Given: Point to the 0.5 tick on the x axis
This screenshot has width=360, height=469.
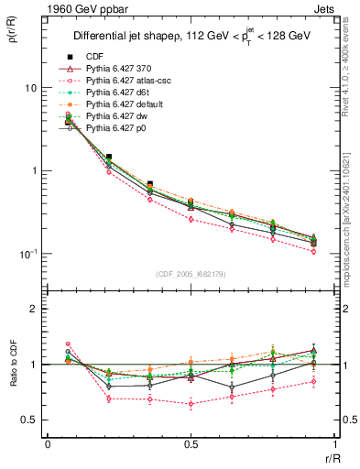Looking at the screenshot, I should [190, 443].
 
